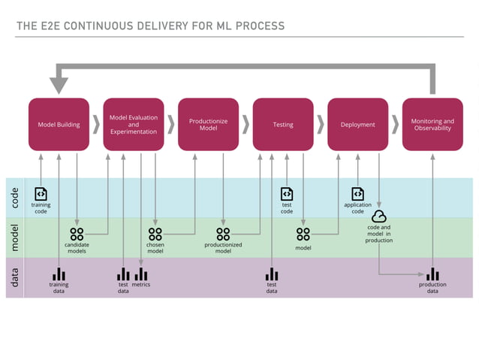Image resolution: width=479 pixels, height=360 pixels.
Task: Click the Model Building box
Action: coord(59,124)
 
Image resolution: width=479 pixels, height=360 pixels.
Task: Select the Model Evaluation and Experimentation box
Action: coord(133,124)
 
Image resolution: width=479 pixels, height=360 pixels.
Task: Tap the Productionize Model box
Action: coord(208,124)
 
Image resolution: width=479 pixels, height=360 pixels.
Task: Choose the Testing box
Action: coord(283,124)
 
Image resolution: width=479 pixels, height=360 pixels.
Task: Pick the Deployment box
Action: coord(357,124)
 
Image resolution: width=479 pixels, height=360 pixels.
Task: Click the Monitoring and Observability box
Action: coord(432,124)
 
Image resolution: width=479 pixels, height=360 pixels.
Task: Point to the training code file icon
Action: coord(41,194)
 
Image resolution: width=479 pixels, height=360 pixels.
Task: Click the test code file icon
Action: coord(287,194)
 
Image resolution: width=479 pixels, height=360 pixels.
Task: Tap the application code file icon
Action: coord(357,194)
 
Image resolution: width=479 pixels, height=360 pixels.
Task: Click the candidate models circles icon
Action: coord(77,234)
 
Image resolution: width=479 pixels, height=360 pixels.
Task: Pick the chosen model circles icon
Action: coord(155,234)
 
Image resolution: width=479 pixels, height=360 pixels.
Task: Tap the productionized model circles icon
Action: coord(223,234)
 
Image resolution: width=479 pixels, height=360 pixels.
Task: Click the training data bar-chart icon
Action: coord(59,274)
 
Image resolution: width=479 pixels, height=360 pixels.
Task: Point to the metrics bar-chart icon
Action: coord(141,274)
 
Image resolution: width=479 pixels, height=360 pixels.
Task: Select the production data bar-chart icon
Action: coord(432,274)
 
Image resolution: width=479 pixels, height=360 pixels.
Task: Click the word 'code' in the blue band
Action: coord(16,197)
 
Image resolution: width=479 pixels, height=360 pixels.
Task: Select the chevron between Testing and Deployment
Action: coord(320,124)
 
